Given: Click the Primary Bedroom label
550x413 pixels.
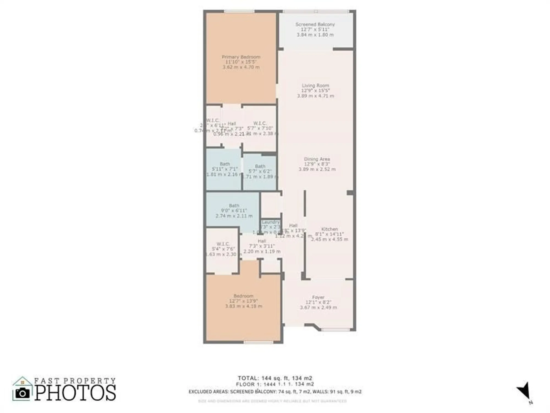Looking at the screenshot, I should (241, 57).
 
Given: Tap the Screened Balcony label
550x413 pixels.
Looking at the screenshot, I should (315, 25).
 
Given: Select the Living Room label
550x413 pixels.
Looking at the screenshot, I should (315, 86).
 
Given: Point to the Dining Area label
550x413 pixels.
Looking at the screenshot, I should (317, 159).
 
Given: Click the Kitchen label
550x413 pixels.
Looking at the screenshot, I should (329, 229).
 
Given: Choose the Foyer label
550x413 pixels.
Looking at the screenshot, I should (318, 297).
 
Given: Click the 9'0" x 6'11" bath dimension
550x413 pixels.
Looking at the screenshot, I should (234, 211).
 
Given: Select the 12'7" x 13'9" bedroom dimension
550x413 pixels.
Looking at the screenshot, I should (243, 301).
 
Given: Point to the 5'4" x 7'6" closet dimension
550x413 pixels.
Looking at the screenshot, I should (223, 249).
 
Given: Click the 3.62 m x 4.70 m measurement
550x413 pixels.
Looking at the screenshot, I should (241, 67).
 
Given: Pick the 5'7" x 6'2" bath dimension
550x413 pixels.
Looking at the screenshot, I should (260, 171).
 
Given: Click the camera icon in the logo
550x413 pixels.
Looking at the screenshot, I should (22, 393).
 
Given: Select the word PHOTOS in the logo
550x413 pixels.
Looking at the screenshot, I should (75, 393).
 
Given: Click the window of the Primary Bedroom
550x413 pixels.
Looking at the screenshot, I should (239, 11).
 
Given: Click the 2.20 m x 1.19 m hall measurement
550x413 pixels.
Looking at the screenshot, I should (262, 251).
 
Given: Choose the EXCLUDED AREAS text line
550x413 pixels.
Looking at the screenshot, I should (275, 392).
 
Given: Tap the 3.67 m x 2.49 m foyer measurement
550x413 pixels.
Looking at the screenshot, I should (318, 308).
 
